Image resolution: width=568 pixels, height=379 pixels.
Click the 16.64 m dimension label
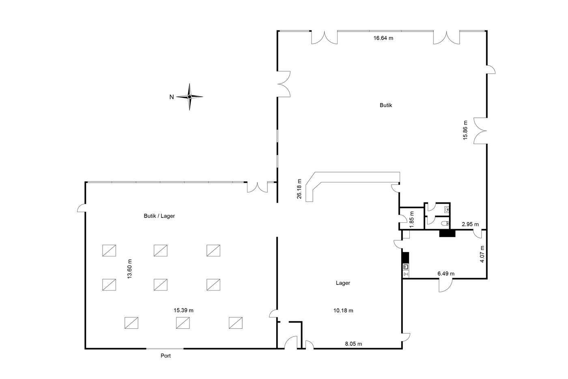(383, 38)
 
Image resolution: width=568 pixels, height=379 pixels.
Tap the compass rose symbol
(189, 97)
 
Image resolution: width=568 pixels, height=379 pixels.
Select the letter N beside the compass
(172, 97)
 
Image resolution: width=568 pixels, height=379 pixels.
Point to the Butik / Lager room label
(159, 216)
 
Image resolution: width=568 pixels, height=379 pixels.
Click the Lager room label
(343, 283)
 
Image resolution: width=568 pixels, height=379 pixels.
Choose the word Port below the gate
(166, 355)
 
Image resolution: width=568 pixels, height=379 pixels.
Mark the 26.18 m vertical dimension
(299, 189)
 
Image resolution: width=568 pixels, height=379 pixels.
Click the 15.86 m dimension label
(465, 130)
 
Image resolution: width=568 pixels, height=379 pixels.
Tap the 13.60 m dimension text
(129, 269)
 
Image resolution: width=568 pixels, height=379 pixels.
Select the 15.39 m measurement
(183, 310)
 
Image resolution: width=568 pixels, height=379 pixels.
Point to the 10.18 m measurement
(343, 310)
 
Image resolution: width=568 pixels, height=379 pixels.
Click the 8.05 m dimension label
(353, 344)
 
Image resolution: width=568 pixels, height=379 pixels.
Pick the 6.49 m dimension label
(446, 273)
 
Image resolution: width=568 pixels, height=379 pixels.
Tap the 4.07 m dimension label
(482, 254)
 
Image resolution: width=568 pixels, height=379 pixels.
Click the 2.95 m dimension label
(470, 224)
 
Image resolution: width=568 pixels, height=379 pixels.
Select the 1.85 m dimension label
(412, 219)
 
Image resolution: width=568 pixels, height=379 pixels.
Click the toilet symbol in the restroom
(445, 224)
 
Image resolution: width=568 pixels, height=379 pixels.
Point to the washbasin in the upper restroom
(447, 209)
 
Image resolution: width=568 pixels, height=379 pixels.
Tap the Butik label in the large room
(386, 105)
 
